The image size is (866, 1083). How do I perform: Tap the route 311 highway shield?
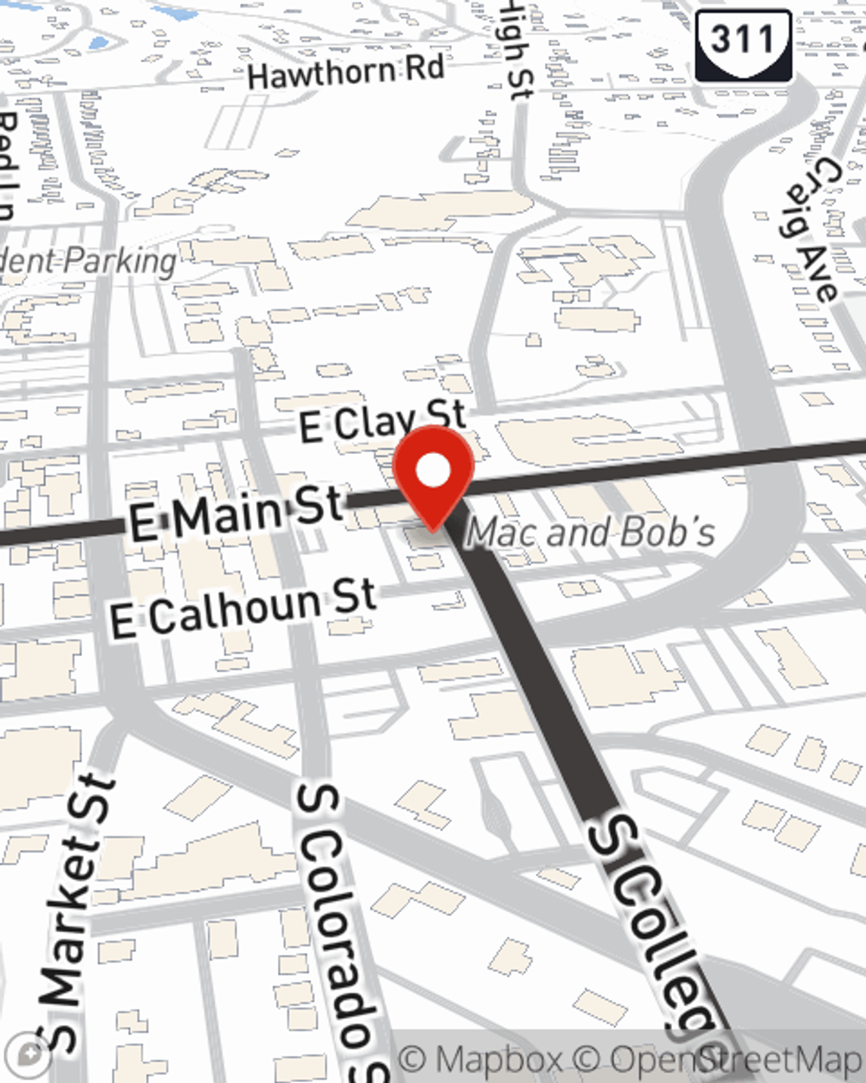tap(743, 45)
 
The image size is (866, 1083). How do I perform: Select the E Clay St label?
tap(382, 422)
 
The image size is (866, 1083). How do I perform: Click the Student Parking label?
tap(87, 260)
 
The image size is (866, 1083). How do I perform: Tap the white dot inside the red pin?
tap(433, 472)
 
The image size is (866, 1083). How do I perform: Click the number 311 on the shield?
tap(743, 39)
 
